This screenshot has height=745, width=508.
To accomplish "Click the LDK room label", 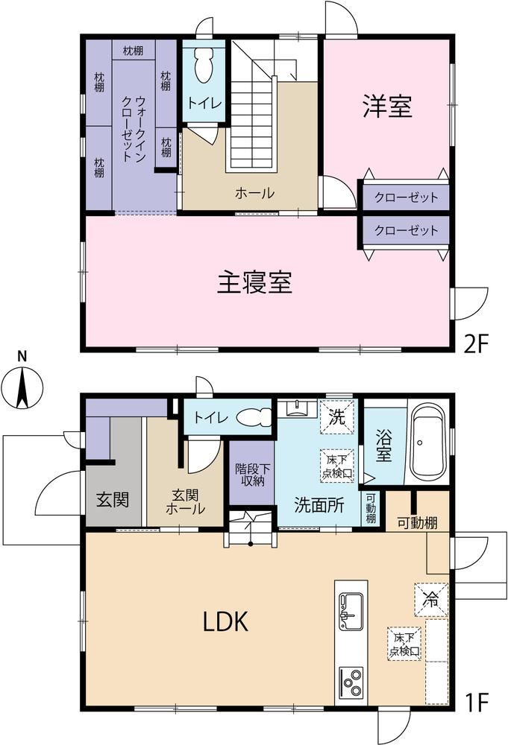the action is click(x=225, y=621).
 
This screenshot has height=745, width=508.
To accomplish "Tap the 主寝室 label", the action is click(x=254, y=282).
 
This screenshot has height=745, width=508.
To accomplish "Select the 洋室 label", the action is click(x=387, y=106).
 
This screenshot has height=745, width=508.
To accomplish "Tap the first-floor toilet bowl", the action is click(x=254, y=418).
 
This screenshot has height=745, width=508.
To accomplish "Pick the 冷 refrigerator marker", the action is click(x=431, y=600).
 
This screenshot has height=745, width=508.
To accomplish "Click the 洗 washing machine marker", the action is click(x=337, y=416).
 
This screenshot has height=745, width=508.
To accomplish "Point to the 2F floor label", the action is click(x=477, y=343).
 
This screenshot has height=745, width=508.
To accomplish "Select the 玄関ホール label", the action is click(x=186, y=501).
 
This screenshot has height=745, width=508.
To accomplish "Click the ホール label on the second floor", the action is click(x=254, y=193).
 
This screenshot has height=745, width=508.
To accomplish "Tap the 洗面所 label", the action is click(x=319, y=505).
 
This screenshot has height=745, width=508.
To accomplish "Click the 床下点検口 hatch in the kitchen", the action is click(x=404, y=644).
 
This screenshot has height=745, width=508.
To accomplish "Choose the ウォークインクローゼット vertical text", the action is click(x=134, y=129).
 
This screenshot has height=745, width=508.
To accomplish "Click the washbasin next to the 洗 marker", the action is click(x=298, y=408).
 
